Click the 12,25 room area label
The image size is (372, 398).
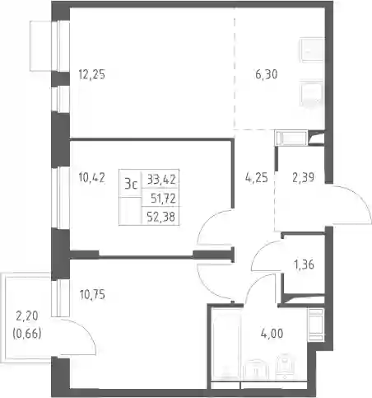point(92,74)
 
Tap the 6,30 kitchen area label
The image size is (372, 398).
point(266,74)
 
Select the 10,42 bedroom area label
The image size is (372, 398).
point(91,178)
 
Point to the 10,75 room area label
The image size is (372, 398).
point(92,295)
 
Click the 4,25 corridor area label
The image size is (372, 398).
point(256,178)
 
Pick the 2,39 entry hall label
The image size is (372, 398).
point(303,178)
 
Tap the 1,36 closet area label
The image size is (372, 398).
point(304,265)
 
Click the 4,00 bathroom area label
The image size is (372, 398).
point(272,334)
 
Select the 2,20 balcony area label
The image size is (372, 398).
point(27,316)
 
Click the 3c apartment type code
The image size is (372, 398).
point(131,184)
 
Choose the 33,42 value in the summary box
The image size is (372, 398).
point(161,180)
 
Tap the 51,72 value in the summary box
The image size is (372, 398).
point(163,199)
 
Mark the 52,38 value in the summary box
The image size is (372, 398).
point(161,218)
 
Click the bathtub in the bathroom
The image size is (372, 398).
point(226,344)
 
